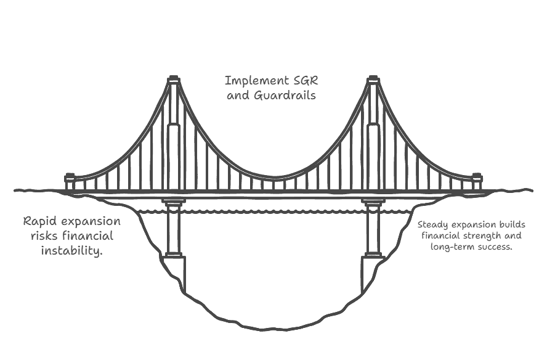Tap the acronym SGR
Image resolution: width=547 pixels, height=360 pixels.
(x=306, y=81)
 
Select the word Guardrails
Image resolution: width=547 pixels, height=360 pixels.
(x=285, y=96)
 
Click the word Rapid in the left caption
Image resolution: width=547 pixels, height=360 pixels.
(x=38, y=222)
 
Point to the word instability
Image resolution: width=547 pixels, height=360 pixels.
(x=72, y=251)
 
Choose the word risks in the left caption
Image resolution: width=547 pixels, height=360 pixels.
(x=44, y=236)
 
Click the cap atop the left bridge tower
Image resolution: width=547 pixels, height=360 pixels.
(x=173, y=80)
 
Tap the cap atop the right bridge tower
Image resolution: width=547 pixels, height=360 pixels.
(x=373, y=80)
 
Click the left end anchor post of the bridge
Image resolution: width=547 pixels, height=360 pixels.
(x=70, y=182)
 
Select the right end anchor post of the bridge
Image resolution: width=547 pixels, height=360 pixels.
(x=477, y=182)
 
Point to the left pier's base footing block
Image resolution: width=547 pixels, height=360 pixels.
(x=173, y=274)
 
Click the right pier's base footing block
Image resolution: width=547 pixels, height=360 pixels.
(x=373, y=274)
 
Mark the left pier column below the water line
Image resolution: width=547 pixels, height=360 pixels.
(x=173, y=233)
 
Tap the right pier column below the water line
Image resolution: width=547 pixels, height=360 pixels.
(x=373, y=233)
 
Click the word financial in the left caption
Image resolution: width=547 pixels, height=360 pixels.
(x=88, y=236)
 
